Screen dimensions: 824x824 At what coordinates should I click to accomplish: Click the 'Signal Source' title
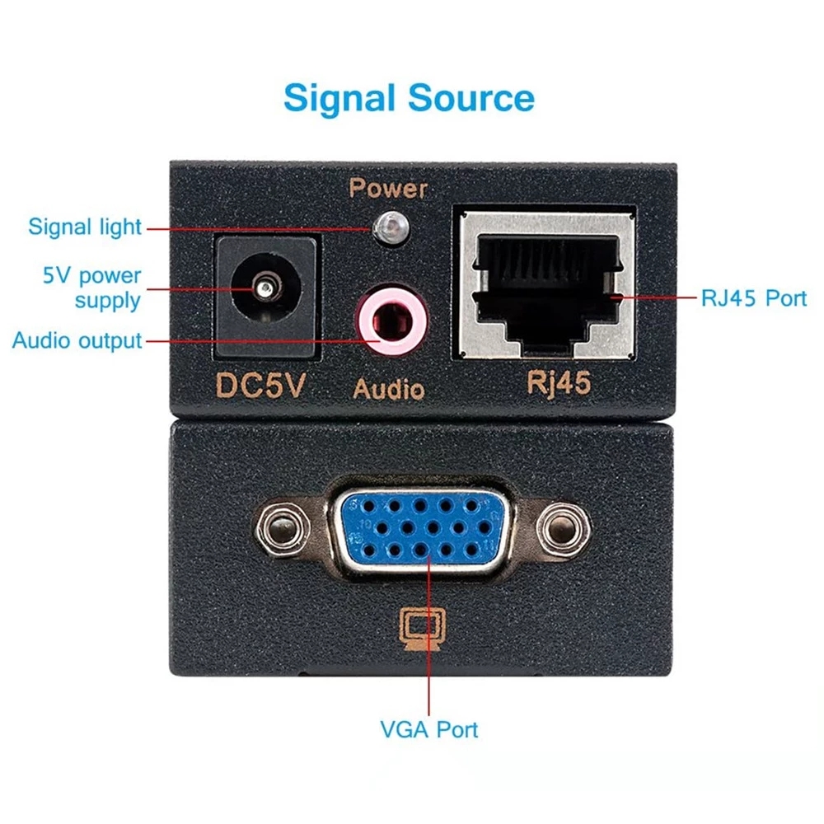point(409,98)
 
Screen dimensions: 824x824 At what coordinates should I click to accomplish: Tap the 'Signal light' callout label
point(85,227)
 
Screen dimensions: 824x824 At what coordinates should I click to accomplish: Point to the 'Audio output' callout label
point(77,339)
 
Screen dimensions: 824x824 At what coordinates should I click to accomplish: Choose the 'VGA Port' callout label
point(428,728)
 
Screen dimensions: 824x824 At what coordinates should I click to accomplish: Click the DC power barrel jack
point(265,296)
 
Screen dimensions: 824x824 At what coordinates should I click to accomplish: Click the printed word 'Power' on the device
point(388,188)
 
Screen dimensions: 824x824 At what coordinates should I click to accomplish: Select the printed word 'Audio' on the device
point(389,388)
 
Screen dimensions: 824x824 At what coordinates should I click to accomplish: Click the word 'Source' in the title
point(469,98)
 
